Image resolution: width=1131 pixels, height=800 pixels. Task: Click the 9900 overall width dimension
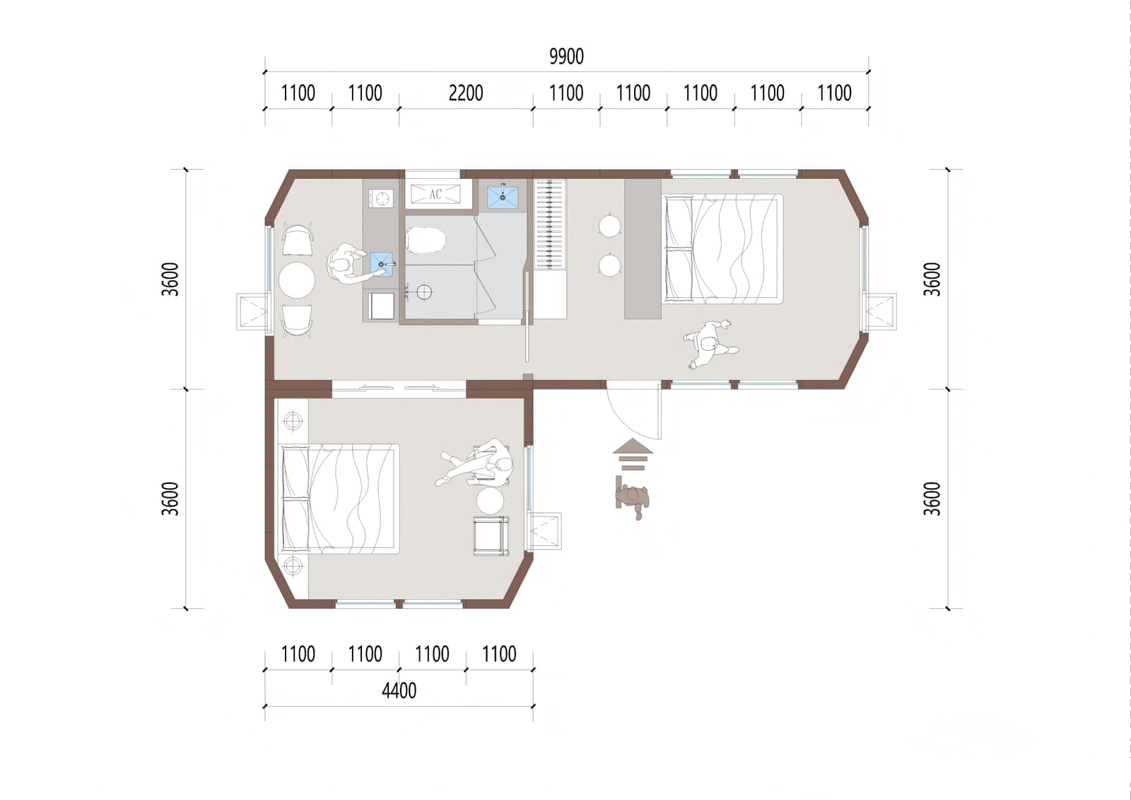[566, 57]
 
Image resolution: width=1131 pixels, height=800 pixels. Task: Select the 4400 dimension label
[399, 690]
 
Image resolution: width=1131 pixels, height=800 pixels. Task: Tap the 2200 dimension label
[466, 93]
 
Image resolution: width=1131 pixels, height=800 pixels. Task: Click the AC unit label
[435, 194]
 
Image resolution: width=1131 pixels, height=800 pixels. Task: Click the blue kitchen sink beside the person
[382, 265]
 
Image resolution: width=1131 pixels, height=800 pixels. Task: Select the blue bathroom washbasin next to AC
[503, 197]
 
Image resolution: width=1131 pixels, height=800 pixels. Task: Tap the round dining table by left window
[297, 280]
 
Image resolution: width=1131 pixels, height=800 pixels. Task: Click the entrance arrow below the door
[633, 454]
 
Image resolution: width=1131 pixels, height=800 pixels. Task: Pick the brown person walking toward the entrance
[632, 499]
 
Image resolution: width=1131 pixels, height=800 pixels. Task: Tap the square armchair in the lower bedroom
[491, 535]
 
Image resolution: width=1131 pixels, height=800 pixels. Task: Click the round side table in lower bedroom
[490, 500]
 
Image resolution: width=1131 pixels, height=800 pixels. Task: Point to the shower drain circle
[425, 291]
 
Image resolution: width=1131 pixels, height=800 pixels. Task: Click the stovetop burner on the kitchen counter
[381, 197]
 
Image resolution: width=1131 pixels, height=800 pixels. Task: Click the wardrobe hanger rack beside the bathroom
[550, 225]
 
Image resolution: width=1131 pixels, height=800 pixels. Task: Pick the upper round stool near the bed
[610, 225]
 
